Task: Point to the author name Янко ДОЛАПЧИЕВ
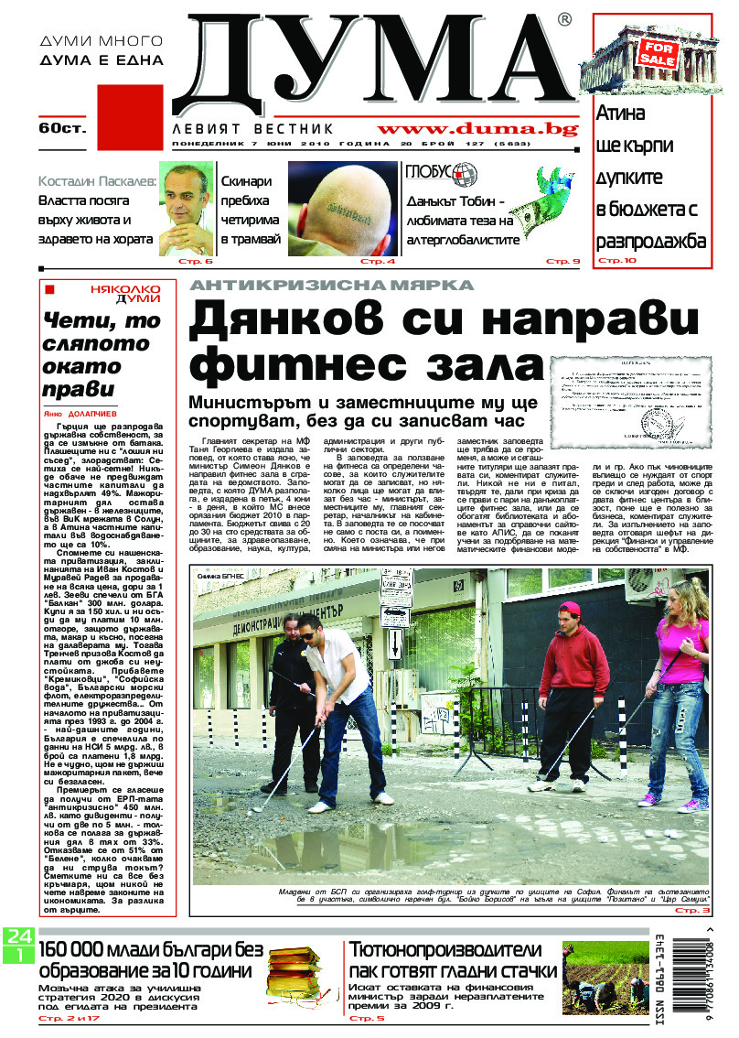click(x=76, y=412)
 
